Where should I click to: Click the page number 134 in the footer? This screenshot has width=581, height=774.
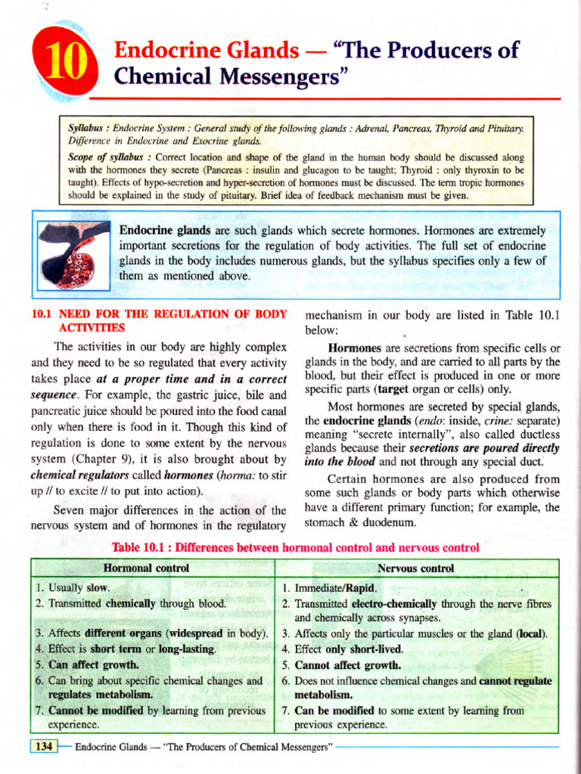[x=44, y=747]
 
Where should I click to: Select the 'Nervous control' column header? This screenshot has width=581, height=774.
[x=416, y=568]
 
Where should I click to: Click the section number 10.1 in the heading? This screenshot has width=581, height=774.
[x=42, y=314]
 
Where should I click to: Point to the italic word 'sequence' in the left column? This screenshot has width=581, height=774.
[x=54, y=395]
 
